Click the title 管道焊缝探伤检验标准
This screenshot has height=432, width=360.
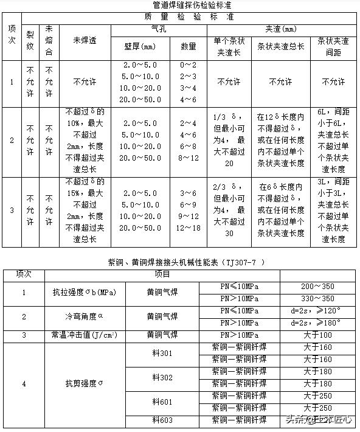pos(179,5)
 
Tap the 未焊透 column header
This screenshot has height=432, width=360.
pos(86,41)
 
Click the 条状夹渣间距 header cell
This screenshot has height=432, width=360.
pos(333,46)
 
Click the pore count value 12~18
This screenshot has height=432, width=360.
pos(188,228)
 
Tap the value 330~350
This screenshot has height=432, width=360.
pos(319,299)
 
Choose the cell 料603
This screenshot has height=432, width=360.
pos(162,420)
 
